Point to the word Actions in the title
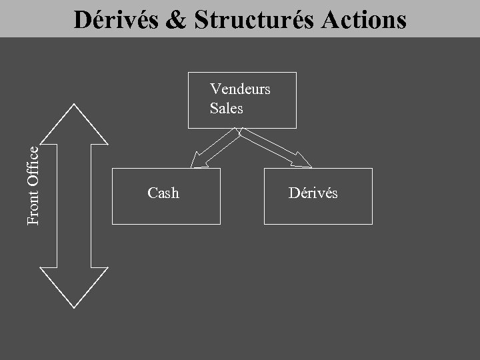364,20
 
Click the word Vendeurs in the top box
240,89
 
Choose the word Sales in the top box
227,108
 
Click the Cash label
163,193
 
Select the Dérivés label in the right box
313,193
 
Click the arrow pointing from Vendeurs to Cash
215,148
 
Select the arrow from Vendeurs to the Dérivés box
274,148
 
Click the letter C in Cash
151,193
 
